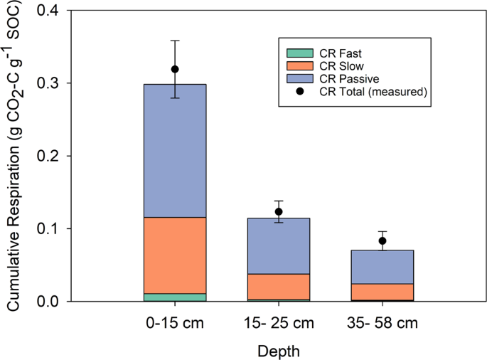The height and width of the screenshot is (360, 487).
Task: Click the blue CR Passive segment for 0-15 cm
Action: click(x=175, y=150)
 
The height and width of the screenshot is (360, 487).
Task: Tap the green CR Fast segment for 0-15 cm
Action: click(x=175, y=297)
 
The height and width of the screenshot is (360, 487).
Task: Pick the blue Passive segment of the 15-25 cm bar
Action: click(x=279, y=245)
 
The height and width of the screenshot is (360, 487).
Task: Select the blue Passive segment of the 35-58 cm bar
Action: click(x=382, y=267)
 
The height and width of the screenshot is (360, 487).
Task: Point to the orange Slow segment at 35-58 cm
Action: click(x=382, y=292)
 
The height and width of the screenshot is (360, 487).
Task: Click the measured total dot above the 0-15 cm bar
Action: click(x=175, y=69)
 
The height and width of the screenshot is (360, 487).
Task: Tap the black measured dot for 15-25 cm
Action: click(x=279, y=211)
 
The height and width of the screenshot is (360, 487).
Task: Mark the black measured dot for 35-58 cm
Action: click(x=382, y=240)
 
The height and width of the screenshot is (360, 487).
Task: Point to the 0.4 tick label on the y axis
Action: click(x=53, y=11)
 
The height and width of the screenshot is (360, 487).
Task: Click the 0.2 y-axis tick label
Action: click(x=53, y=157)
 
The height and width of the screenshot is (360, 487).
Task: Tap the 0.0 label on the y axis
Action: click(x=53, y=302)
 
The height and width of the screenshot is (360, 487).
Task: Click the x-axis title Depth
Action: click(x=279, y=351)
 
